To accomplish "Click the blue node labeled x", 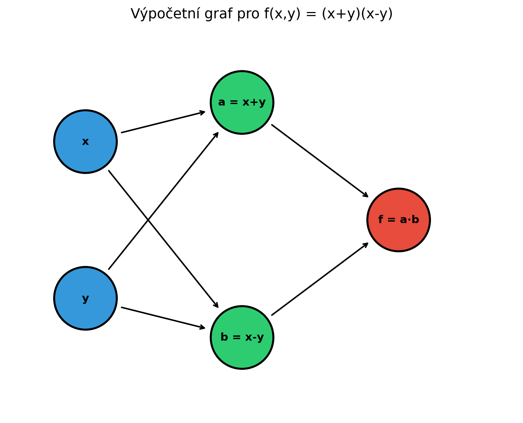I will [85, 141].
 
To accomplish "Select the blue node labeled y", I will [85, 298].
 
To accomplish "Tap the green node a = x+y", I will [242, 102].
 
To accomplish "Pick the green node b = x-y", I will [242, 337].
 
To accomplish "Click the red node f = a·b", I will [398, 220].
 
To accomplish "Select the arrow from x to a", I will [163, 122].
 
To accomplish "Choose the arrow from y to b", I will [163, 318].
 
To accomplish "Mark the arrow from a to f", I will [320, 161].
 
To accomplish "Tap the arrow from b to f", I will [320, 279].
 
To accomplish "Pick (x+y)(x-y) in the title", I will [357, 14].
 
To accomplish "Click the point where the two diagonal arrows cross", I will [148, 220].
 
